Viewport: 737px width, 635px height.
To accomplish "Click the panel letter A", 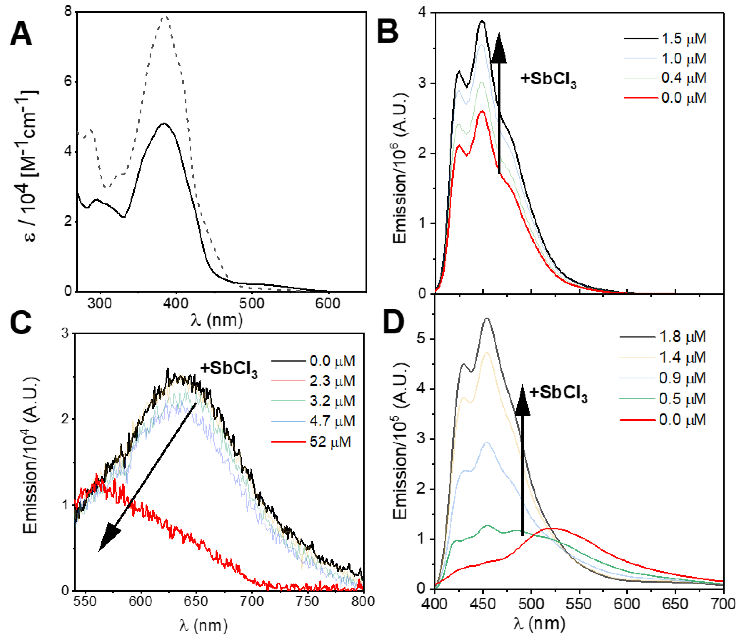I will tap(21, 36).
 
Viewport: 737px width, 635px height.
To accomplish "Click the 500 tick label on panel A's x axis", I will tap(252, 303).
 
